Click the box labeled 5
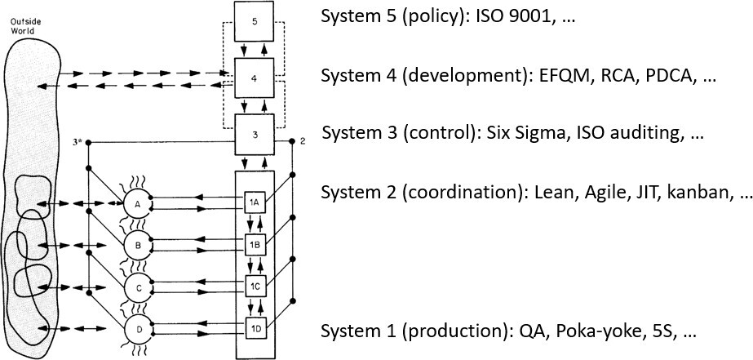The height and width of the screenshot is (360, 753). (255, 23)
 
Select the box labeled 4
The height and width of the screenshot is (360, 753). (255, 78)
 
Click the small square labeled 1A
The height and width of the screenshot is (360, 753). (255, 201)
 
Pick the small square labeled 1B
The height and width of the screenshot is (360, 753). (255, 243)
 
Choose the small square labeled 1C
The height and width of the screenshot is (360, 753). (255, 286)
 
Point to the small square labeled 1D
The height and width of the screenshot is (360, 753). (255, 328)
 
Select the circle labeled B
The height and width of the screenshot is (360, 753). (138, 243)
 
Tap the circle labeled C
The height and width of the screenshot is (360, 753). (138, 287)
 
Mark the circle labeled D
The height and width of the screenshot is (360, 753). (138, 329)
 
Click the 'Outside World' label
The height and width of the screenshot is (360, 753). (25, 25)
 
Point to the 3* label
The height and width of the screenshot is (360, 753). (76, 142)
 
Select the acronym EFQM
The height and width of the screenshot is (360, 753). (562, 75)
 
